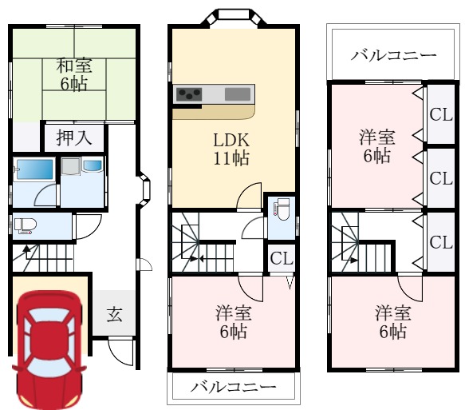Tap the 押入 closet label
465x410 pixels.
74,137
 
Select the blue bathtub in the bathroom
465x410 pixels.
33,169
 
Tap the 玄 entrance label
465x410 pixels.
114,314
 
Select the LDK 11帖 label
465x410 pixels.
231,148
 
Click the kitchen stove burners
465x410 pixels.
189,94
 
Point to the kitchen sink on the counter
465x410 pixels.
237,94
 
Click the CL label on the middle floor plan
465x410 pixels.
280,257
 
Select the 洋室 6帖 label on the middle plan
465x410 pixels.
231,321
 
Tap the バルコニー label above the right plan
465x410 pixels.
393,56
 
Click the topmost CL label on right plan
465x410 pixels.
441,114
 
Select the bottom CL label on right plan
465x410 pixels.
441,241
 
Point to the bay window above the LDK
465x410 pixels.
233,18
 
